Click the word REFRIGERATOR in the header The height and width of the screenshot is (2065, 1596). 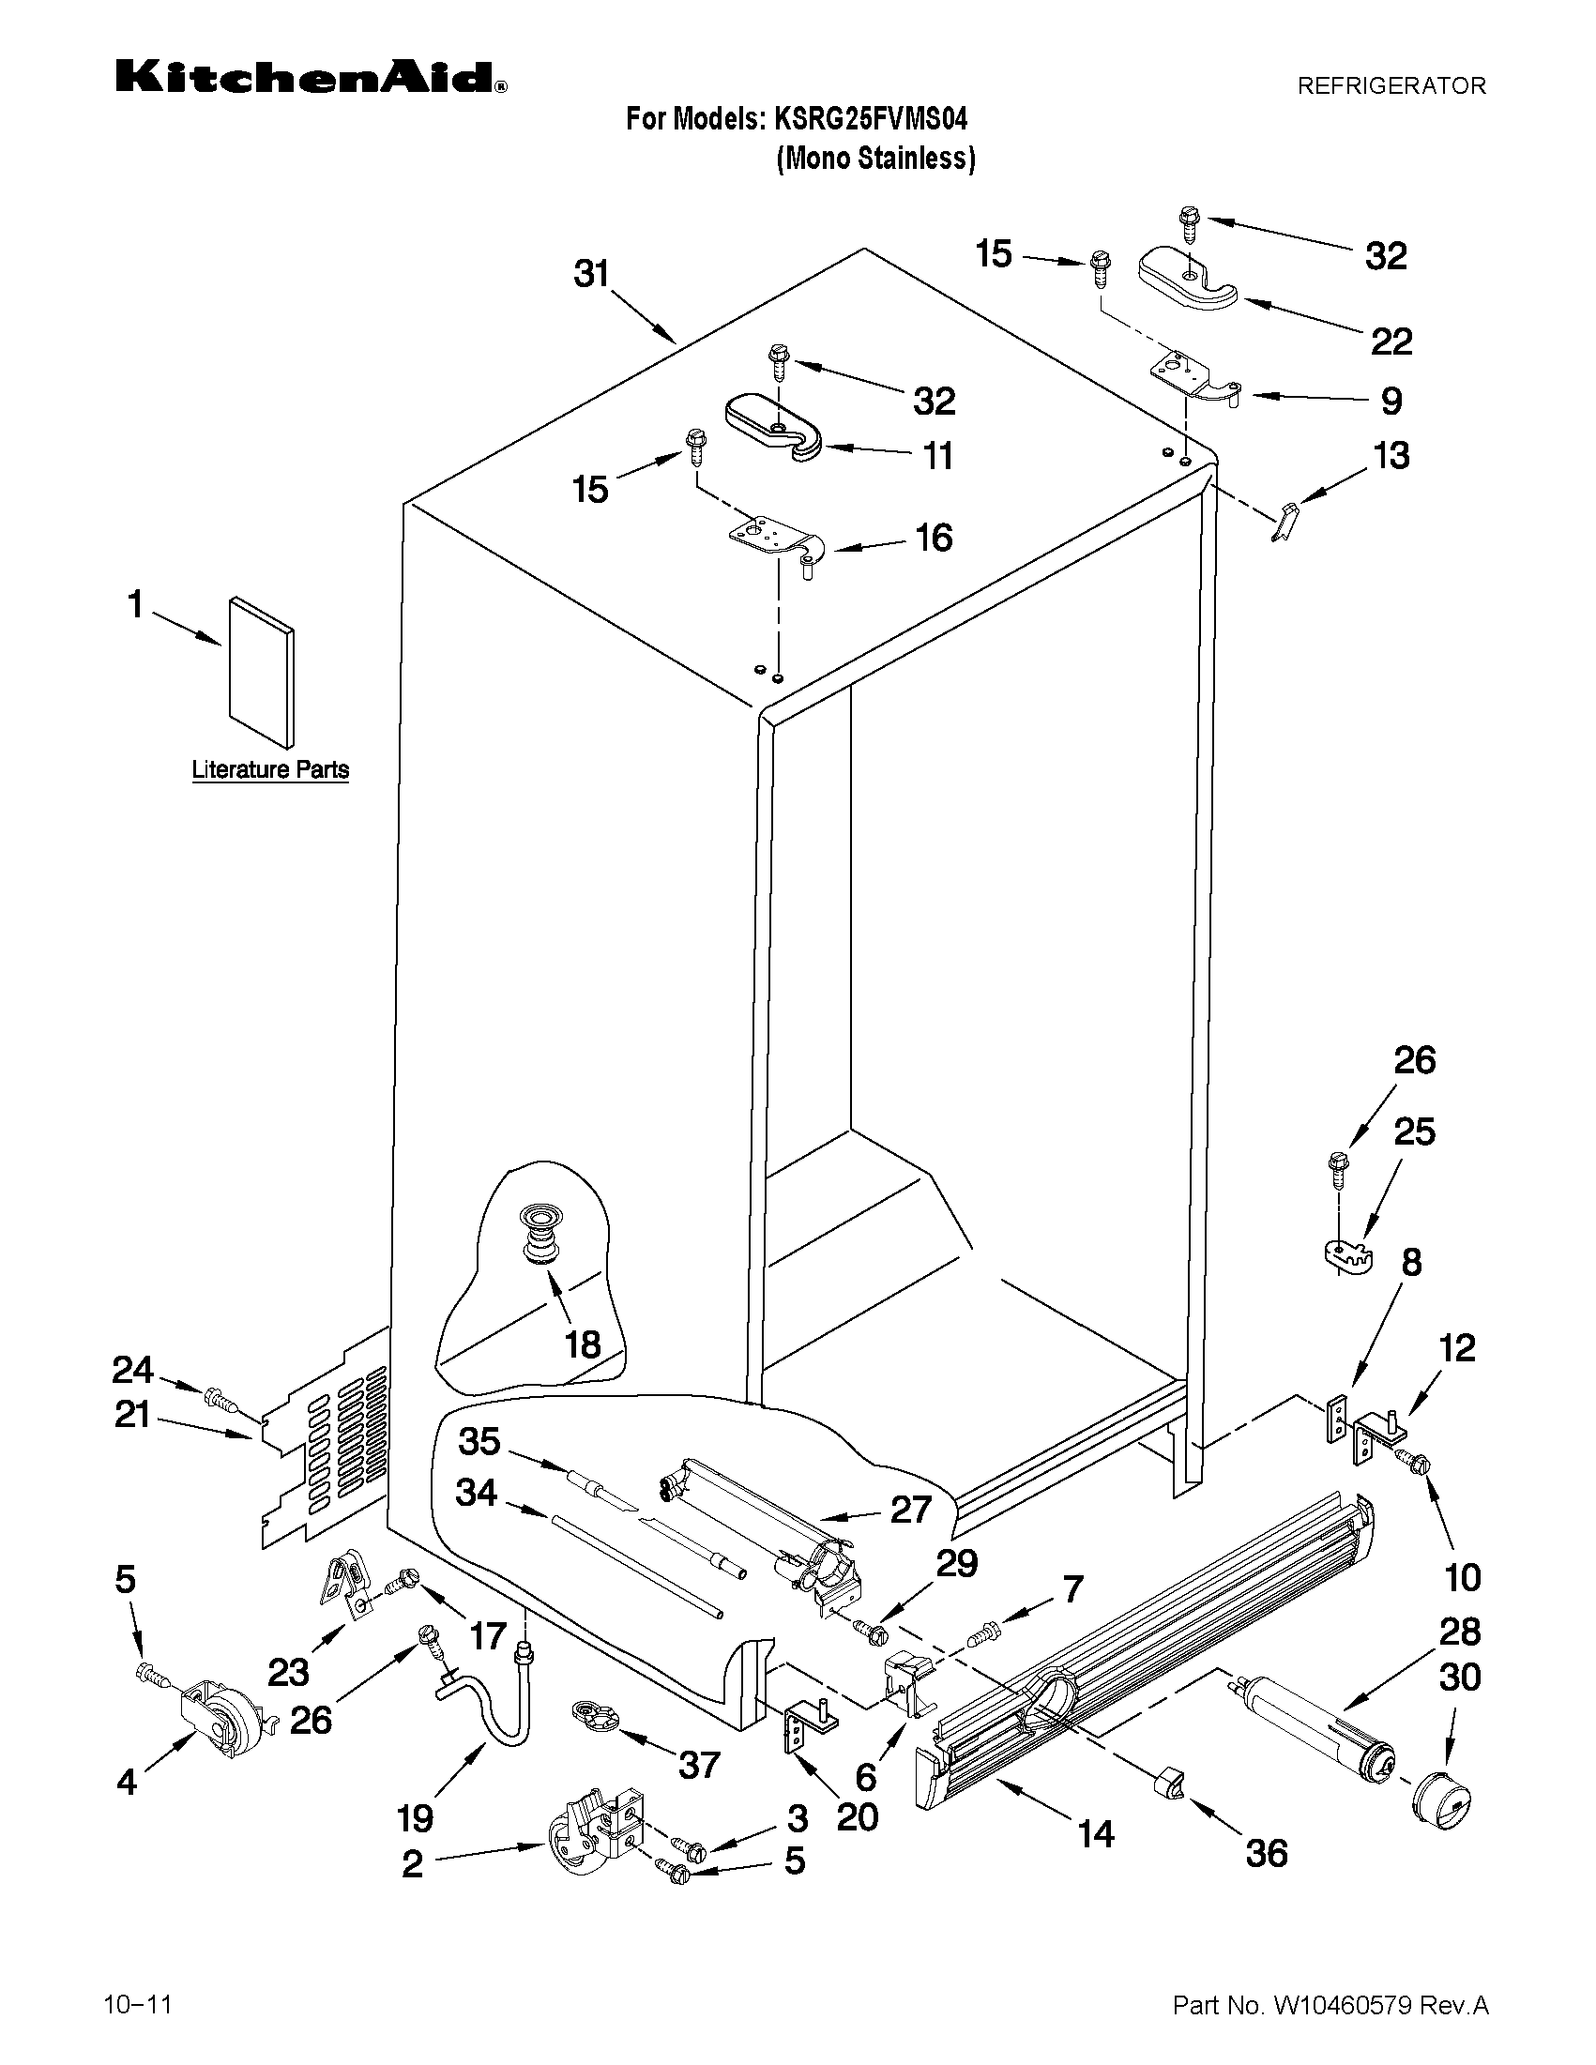[x=1391, y=86]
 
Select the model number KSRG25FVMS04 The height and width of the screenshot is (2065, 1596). [x=871, y=120]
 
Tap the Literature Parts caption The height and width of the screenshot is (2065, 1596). [x=270, y=769]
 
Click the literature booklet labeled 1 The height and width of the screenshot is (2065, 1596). [x=261, y=671]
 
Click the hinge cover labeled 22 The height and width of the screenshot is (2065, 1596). [x=1188, y=278]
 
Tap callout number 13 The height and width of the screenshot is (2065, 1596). [x=1391, y=456]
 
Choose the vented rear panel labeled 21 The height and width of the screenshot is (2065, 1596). [x=327, y=1436]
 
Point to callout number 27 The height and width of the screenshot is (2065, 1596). [x=910, y=1510]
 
